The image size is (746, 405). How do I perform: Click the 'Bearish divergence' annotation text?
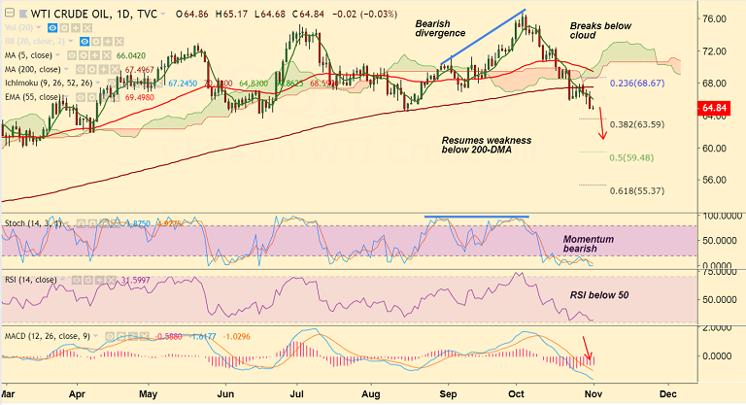coord(443,28)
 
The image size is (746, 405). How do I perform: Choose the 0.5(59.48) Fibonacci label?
coord(630,157)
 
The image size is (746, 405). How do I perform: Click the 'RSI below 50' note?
coord(599,294)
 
